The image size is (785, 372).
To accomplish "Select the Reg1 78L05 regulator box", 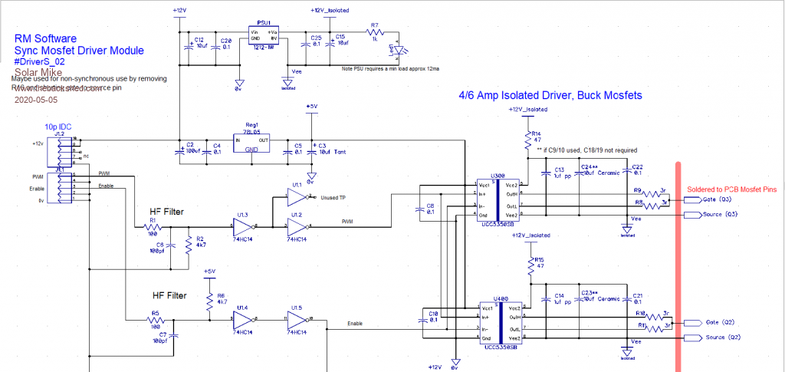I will pyautogui.click(x=251, y=143).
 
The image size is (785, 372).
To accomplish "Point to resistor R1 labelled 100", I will pyautogui.click(x=153, y=226).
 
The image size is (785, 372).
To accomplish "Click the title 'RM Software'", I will pyautogui.click(x=45, y=38).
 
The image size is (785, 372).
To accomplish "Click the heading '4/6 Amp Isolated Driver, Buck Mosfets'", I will pyautogui.click(x=550, y=96).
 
